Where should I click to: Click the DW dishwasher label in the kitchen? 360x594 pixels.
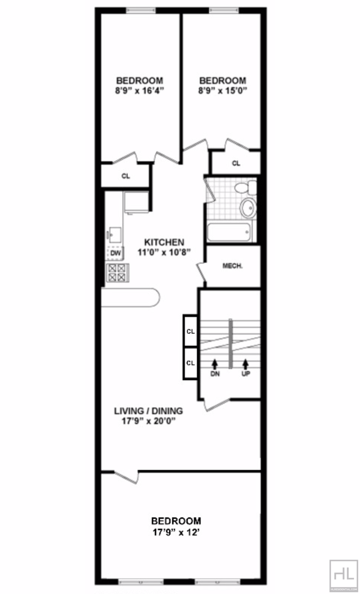tap(116, 253)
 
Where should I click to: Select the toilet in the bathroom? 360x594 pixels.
tap(246, 188)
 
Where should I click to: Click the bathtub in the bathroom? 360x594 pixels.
tap(229, 232)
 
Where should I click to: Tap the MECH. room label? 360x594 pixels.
tap(233, 266)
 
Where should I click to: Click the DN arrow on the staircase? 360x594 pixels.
tap(215, 363)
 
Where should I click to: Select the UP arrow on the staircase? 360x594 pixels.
tap(246, 363)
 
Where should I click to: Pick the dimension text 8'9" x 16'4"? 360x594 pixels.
tap(139, 91)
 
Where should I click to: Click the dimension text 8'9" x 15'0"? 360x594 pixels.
tap(222, 91)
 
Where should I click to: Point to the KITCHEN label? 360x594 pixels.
tap(164, 242)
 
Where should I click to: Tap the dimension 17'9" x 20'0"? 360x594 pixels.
tap(148, 421)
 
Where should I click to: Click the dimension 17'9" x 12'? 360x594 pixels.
tap(176, 532)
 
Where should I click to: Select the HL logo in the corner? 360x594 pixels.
tap(344, 574)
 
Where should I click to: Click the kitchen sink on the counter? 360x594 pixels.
tap(115, 235)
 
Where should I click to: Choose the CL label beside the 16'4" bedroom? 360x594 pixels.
tap(126, 176)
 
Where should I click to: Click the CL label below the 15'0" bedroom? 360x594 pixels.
tap(236, 163)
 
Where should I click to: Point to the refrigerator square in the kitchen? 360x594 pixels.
tap(136, 202)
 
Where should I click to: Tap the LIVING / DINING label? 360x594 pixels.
tap(148, 411)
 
